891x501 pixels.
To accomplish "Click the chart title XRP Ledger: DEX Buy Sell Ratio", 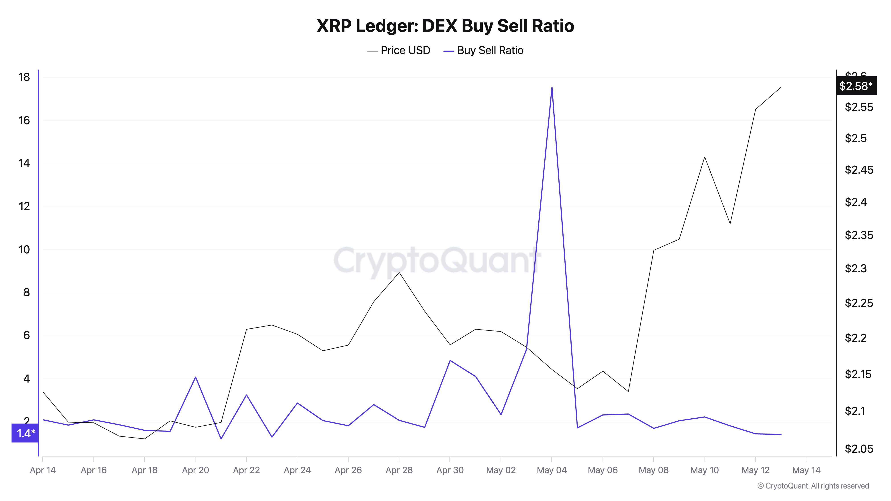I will pyautogui.click(x=445, y=26).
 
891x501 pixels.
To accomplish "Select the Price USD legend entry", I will pyautogui.click(x=398, y=51).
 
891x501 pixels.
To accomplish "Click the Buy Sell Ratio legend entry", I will pyautogui.click(x=484, y=51).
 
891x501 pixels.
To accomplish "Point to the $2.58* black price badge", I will pyautogui.click(x=856, y=86).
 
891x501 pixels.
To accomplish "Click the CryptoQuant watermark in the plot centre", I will pyautogui.click(x=437, y=260).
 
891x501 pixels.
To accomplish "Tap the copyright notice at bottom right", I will pyautogui.click(x=813, y=486).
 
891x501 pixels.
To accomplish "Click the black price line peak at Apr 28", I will pyautogui.click(x=399, y=273).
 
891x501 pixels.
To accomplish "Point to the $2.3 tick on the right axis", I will pyautogui.click(x=856, y=268).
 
